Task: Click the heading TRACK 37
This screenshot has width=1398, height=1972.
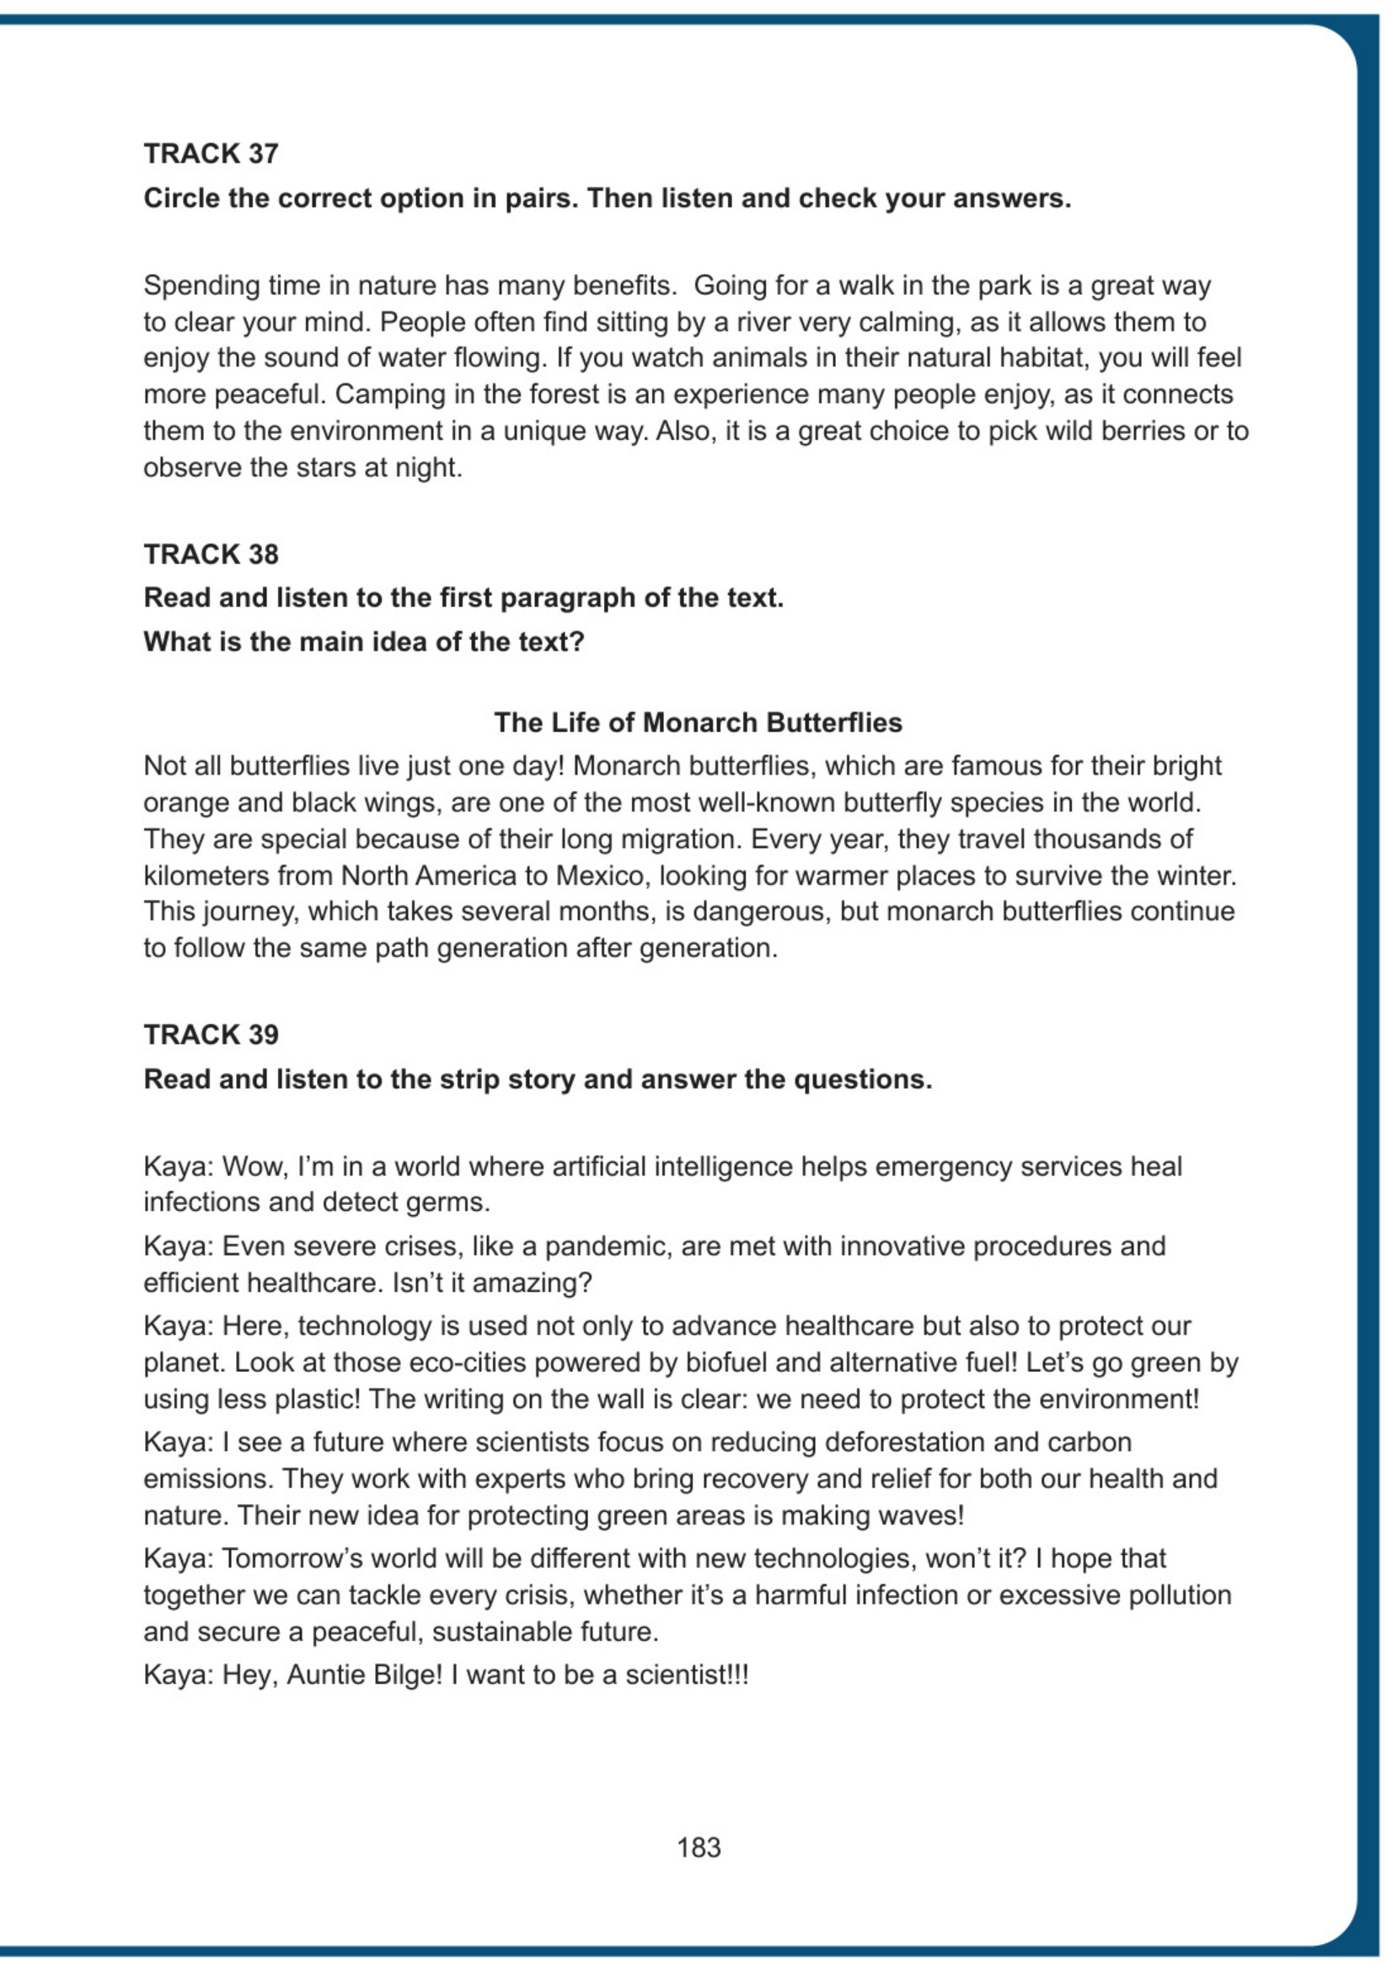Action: coord(211,153)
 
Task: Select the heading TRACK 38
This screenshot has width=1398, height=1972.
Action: coord(211,554)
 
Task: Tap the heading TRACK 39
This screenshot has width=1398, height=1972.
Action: coord(211,1034)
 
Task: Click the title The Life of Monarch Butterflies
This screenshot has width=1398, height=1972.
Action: coord(697,722)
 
